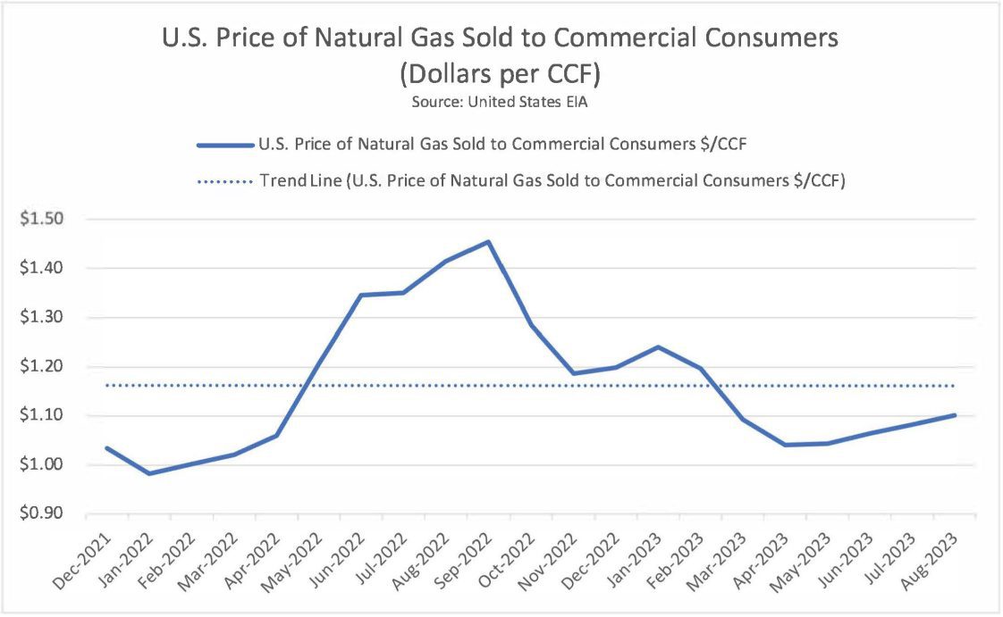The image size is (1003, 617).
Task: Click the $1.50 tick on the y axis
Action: (55, 219)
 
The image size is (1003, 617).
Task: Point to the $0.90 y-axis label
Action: (55, 514)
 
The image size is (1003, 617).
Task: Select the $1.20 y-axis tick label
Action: (55, 366)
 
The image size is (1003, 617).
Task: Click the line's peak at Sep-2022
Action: (488, 241)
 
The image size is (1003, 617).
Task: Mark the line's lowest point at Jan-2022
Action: (149, 473)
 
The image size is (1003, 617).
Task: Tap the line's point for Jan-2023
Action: (657, 346)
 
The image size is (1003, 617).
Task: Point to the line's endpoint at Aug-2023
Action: (954, 415)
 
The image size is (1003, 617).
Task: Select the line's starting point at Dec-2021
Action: (107, 448)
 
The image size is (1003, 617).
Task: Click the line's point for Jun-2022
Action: (361, 295)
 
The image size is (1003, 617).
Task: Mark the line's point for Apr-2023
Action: (785, 445)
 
